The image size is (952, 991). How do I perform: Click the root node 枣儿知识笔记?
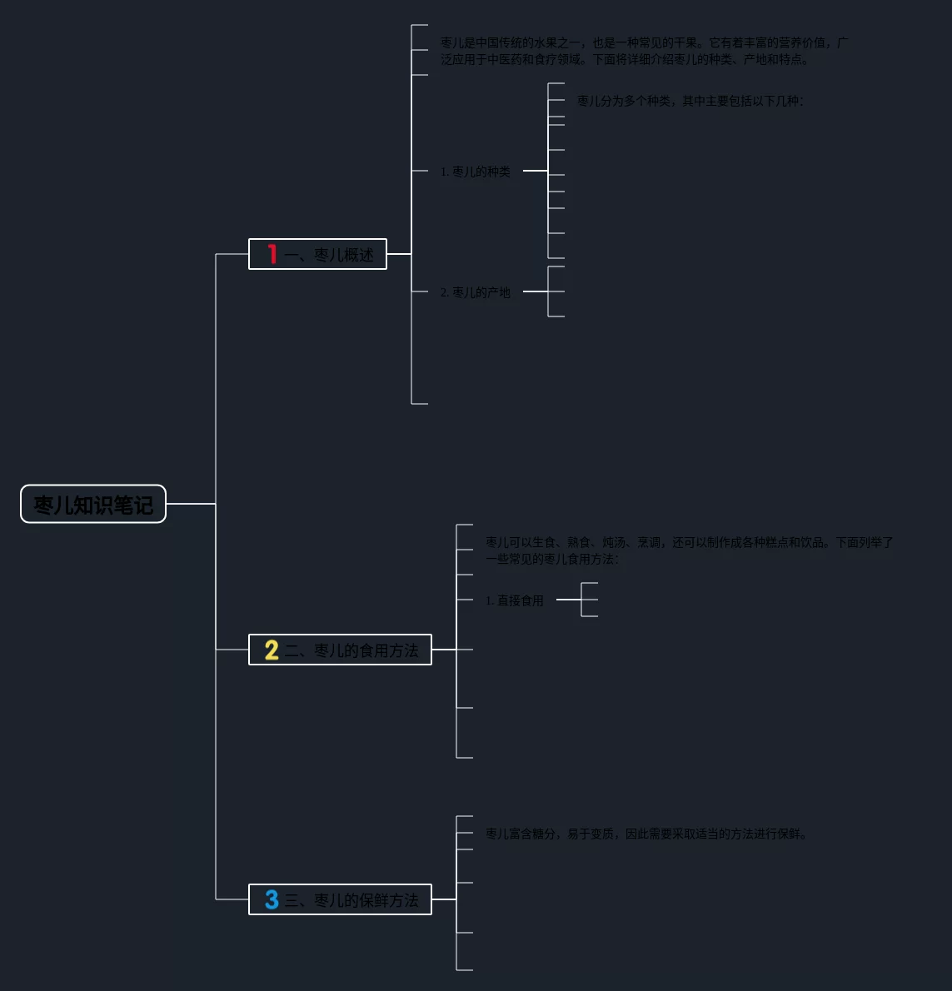93,504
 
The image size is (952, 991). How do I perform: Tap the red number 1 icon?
272,254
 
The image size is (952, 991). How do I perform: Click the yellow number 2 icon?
272,650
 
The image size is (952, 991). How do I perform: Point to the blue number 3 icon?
272,899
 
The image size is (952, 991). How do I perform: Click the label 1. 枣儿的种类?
476,172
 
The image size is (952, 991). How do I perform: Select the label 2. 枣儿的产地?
476,292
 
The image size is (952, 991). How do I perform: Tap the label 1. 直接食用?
515,600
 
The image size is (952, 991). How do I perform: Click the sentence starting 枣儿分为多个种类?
690,101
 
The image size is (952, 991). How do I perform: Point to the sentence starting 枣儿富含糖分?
646,834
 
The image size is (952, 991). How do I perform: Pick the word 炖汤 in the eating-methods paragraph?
614,542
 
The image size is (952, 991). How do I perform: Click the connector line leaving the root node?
190,504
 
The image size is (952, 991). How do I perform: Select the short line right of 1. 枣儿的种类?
535,171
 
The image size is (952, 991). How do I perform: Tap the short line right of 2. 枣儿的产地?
535,291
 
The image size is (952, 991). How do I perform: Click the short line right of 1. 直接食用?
568,600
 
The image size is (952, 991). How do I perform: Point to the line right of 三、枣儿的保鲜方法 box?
444,899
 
